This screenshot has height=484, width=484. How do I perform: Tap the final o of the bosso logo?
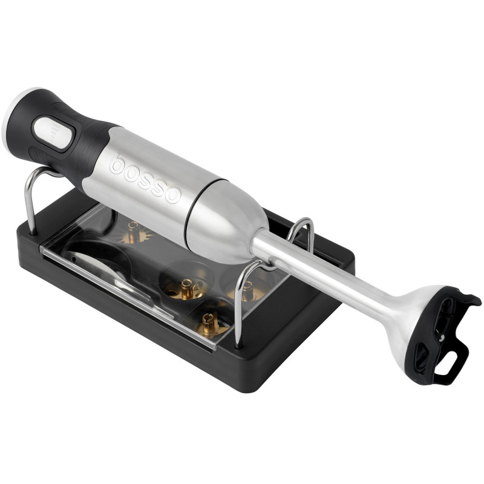pos(169,195)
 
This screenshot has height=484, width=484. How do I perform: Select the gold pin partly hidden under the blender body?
pos(134,232)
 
